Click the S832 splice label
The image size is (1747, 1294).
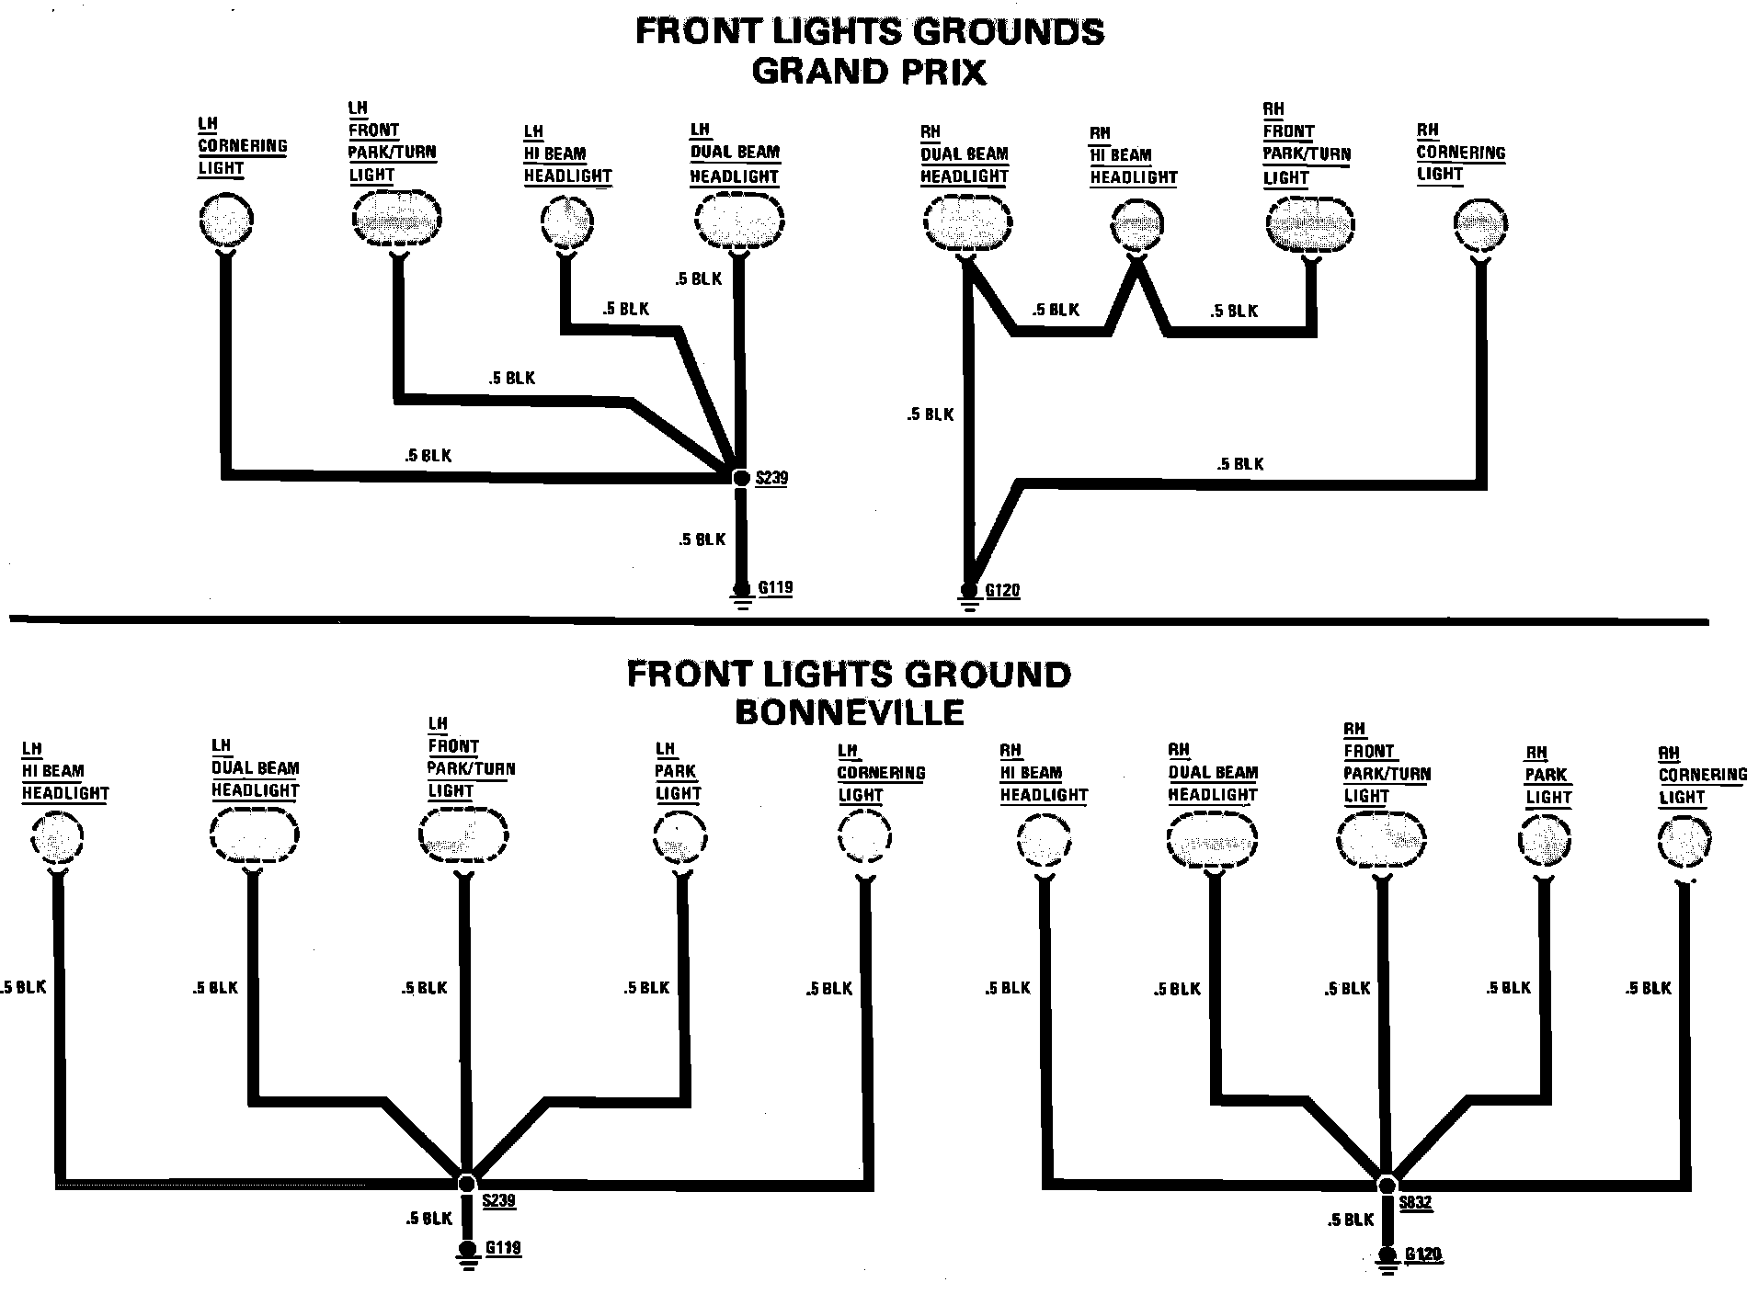(x=1416, y=1203)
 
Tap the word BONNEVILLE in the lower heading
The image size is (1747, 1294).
(x=849, y=712)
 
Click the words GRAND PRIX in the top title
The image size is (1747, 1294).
(x=868, y=72)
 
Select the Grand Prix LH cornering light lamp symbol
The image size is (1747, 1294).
(x=225, y=221)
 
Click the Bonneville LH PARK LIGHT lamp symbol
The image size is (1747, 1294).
(x=680, y=838)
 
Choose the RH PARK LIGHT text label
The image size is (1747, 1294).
(x=1547, y=776)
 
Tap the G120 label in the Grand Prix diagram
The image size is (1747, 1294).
(x=1002, y=591)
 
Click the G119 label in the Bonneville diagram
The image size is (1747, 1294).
(x=503, y=1248)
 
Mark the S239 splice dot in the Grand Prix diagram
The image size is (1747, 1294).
(x=741, y=478)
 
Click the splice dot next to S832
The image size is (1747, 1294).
(x=1387, y=1184)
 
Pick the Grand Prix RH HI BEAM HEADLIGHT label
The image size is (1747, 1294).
(x=1133, y=155)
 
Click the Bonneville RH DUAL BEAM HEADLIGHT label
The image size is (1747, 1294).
(x=1212, y=772)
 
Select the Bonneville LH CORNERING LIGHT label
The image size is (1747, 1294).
(x=880, y=773)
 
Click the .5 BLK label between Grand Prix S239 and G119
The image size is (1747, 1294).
(x=702, y=539)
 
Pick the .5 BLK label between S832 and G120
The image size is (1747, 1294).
(x=1350, y=1220)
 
